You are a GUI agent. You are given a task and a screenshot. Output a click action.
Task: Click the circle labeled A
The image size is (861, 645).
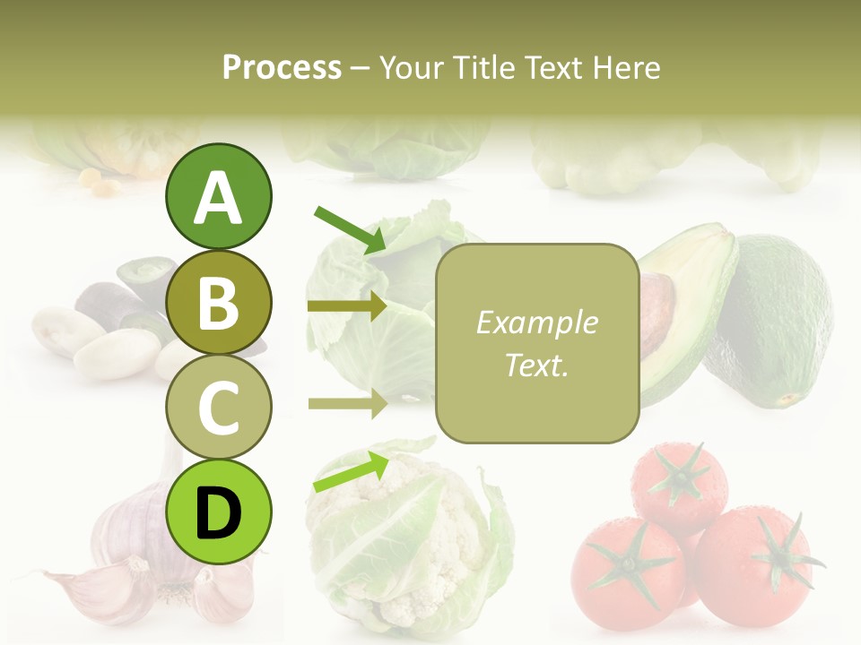click(x=218, y=197)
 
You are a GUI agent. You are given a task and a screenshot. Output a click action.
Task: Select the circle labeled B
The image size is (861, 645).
click(x=218, y=303)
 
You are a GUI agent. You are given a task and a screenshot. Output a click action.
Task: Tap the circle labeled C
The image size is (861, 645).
click(x=218, y=407)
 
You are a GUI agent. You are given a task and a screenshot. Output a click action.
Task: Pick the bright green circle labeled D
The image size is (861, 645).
click(x=218, y=512)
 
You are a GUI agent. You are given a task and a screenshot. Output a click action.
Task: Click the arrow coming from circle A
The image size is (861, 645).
click(x=349, y=228)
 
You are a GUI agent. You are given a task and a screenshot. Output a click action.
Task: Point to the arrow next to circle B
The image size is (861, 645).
click(x=346, y=306)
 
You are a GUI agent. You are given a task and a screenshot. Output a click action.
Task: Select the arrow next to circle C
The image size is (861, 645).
click(x=346, y=403)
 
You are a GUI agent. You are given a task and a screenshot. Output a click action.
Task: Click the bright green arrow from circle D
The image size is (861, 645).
click(x=350, y=472)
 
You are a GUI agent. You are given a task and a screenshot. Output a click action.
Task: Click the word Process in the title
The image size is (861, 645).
click(x=282, y=67)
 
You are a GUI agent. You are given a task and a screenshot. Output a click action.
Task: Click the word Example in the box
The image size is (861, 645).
click(x=536, y=322)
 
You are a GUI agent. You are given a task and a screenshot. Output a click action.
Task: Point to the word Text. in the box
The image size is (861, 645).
click(x=536, y=365)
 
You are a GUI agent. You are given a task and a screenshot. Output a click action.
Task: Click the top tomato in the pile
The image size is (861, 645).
click(x=678, y=484)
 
